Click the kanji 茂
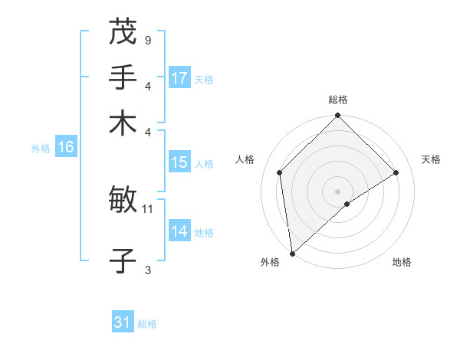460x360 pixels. point(123,31)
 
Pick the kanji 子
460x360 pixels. point(123,261)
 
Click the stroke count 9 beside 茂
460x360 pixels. point(147,39)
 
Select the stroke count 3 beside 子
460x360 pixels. point(147,269)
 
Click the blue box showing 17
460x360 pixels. point(179,78)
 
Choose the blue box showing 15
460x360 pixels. point(179,162)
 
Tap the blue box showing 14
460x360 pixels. point(179,231)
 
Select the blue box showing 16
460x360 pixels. point(66,148)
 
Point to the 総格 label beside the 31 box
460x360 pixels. point(147,324)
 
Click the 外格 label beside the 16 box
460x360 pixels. point(40,149)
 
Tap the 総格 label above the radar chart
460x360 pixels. point(338,100)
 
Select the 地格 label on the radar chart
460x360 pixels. point(402,262)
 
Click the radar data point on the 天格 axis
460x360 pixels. point(396,172)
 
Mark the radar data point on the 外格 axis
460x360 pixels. point(292,254)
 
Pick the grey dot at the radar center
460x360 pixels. point(338,191)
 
